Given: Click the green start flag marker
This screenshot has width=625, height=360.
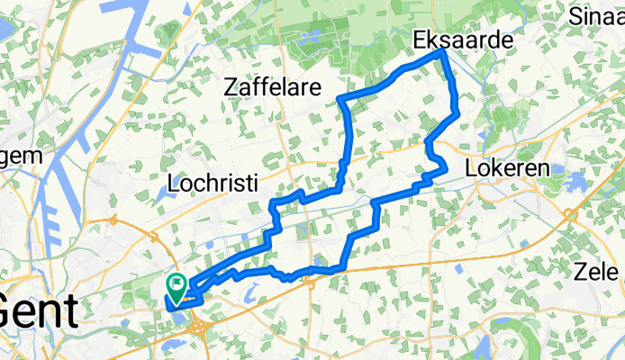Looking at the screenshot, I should tap(177, 287).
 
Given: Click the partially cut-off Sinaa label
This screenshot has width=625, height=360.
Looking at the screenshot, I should tap(598, 13).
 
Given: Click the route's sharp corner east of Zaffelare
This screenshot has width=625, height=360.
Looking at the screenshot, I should tap(340, 98).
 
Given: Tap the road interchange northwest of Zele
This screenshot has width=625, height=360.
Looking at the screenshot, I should tap(571, 214).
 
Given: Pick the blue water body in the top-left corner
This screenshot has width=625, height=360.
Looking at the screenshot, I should tap(5, 27).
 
